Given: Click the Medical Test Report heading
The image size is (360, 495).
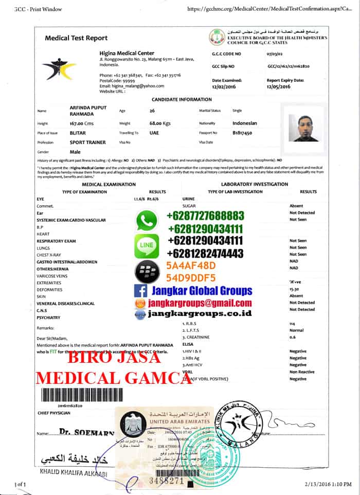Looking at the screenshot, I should [76, 38].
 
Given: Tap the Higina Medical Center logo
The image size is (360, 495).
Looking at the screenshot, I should [59, 68].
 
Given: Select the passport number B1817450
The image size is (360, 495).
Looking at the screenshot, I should [242, 132].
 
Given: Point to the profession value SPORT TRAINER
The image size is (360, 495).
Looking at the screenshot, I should [87, 142].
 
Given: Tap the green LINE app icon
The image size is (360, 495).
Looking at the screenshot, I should [147, 246].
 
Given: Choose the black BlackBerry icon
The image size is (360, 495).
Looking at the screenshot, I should [146, 270].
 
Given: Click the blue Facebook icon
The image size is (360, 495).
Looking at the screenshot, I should [139, 291].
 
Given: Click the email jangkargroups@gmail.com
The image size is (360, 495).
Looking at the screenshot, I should [200, 303].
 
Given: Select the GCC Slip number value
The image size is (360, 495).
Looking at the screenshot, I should [287, 66].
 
